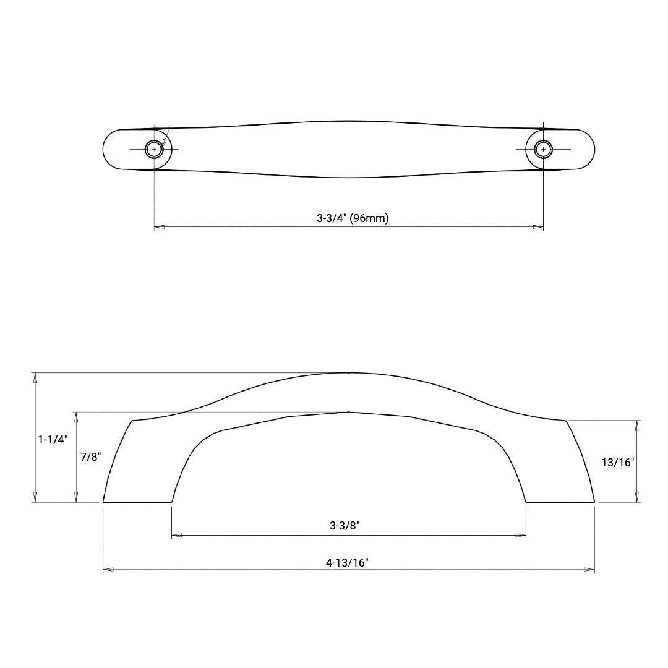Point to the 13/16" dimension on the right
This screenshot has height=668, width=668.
coord(618,461)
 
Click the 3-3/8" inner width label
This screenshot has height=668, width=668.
coord(345,526)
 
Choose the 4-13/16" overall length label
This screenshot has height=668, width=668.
coord(347,562)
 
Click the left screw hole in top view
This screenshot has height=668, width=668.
coord(154,150)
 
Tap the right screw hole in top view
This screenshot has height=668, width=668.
coord(543,150)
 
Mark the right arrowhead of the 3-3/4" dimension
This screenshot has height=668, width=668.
coord(539,228)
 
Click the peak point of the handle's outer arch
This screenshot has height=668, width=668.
coord(349,373)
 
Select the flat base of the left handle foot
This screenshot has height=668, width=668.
coord(137,502)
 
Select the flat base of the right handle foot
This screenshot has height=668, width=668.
coord(560,502)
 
